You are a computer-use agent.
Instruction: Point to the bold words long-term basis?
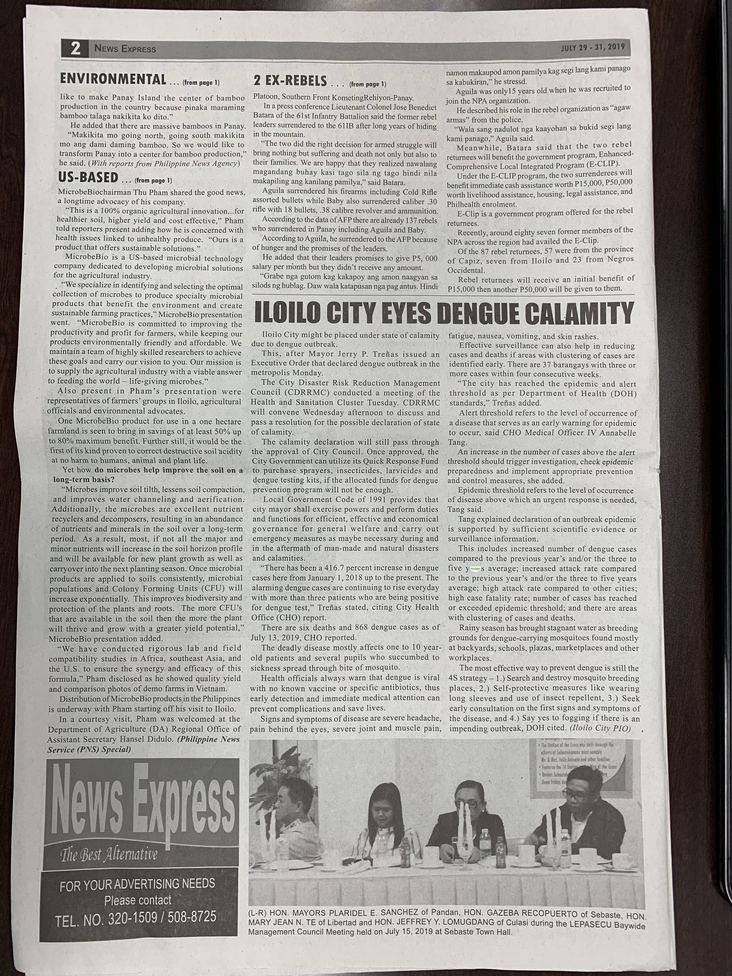[x=84, y=480]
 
